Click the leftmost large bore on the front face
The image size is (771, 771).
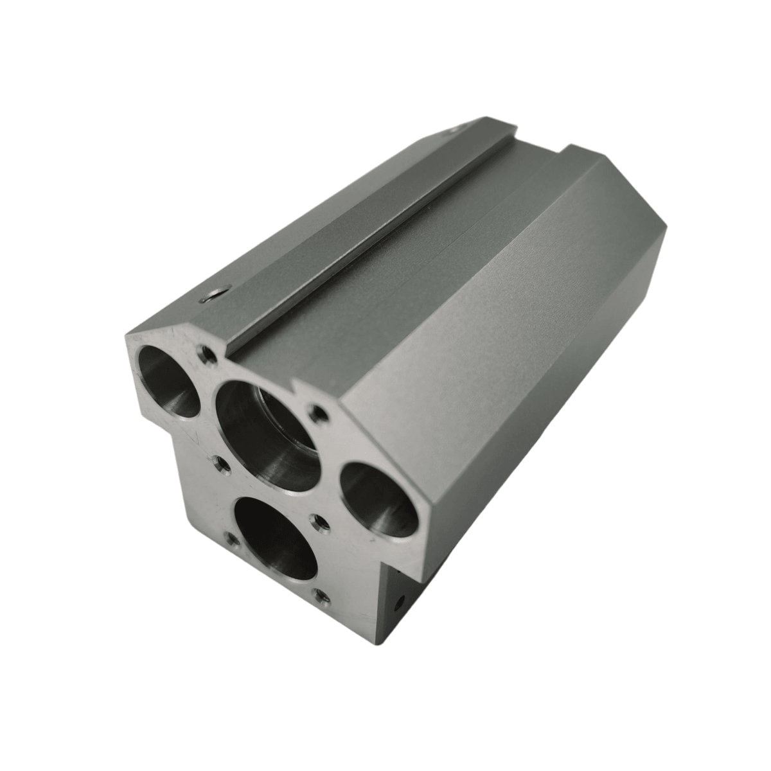click(166, 380)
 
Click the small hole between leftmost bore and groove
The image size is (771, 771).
click(207, 353)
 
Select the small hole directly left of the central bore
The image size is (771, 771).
click(220, 465)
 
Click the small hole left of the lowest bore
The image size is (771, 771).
click(230, 542)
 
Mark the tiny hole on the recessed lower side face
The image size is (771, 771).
click(400, 603)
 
